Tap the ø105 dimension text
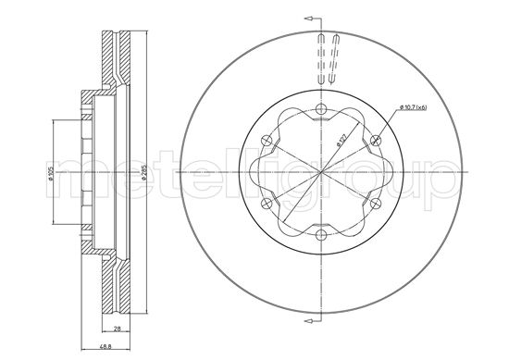click(x=52, y=173)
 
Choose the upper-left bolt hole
click(x=267, y=142)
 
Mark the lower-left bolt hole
click(x=267, y=205)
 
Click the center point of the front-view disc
click(x=320, y=173)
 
